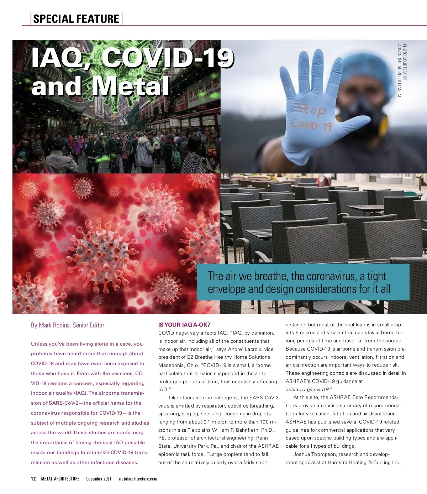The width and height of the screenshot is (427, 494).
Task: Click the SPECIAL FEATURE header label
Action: (x=76, y=19)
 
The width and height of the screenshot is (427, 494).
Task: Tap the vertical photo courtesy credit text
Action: (x=401, y=71)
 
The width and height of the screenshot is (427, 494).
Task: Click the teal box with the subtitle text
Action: (x=303, y=282)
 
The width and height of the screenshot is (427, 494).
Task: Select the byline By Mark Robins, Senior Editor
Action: (x=68, y=325)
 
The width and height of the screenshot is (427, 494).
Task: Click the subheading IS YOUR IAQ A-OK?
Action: (x=184, y=325)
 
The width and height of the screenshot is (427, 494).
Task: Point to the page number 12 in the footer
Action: (x=33, y=479)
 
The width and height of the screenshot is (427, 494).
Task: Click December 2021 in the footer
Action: (x=99, y=479)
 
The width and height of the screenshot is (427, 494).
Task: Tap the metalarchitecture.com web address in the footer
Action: (x=137, y=479)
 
